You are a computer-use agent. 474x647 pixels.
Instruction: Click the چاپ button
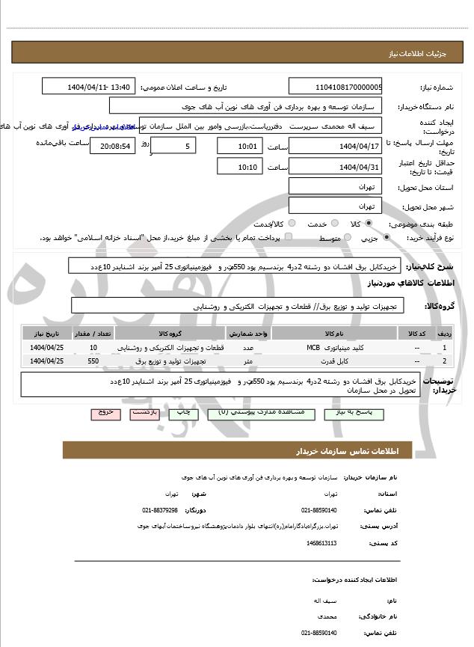(x=182, y=412)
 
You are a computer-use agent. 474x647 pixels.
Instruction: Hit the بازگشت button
(x=143, y=412)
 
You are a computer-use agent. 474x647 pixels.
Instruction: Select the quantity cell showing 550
(x=93, y=361)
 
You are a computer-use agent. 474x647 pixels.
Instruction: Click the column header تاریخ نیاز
(x=46, y=334)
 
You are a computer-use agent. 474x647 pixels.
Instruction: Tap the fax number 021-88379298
(x=160, y=509)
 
